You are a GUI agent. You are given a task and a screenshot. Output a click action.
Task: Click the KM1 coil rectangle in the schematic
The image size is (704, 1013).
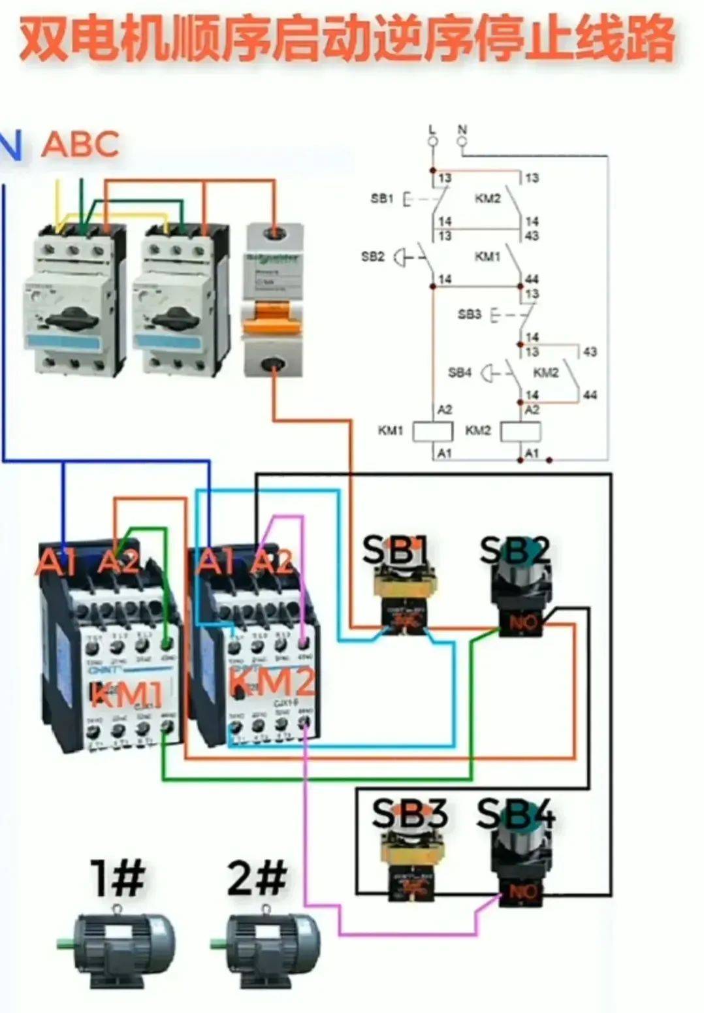[434, 431]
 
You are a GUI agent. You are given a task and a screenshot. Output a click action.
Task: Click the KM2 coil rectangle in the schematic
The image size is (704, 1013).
[520, 431]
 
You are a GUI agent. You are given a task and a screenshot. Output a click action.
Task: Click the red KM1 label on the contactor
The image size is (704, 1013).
[127, 694]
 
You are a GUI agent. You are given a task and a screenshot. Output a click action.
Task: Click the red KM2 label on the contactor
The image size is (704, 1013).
[272, 681]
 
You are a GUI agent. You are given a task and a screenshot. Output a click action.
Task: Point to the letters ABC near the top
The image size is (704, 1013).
[81, 144]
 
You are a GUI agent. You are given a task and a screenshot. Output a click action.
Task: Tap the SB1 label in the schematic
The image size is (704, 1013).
[382, 198]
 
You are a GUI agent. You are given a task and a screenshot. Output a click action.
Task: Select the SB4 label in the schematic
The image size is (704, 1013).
[459, 372]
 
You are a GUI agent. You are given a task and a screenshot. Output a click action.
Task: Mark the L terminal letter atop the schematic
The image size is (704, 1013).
[432, 129]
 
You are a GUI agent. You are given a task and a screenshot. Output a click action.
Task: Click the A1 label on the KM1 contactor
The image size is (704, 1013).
[57, 562]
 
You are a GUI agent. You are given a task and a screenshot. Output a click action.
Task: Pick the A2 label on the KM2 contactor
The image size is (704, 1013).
[272, 561]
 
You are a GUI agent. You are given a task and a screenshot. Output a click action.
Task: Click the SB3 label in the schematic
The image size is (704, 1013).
[469, 315]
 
